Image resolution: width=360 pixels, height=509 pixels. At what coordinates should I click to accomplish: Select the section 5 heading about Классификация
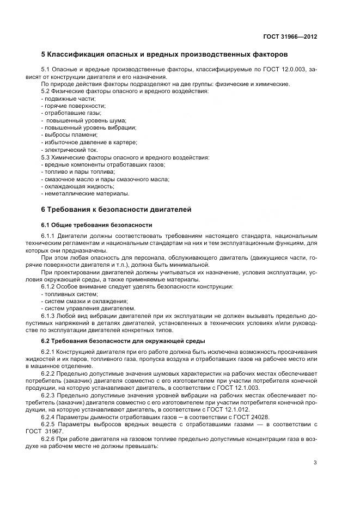(164, 54)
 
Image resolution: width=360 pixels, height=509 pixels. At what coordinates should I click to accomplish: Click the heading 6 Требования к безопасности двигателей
(116, 210)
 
